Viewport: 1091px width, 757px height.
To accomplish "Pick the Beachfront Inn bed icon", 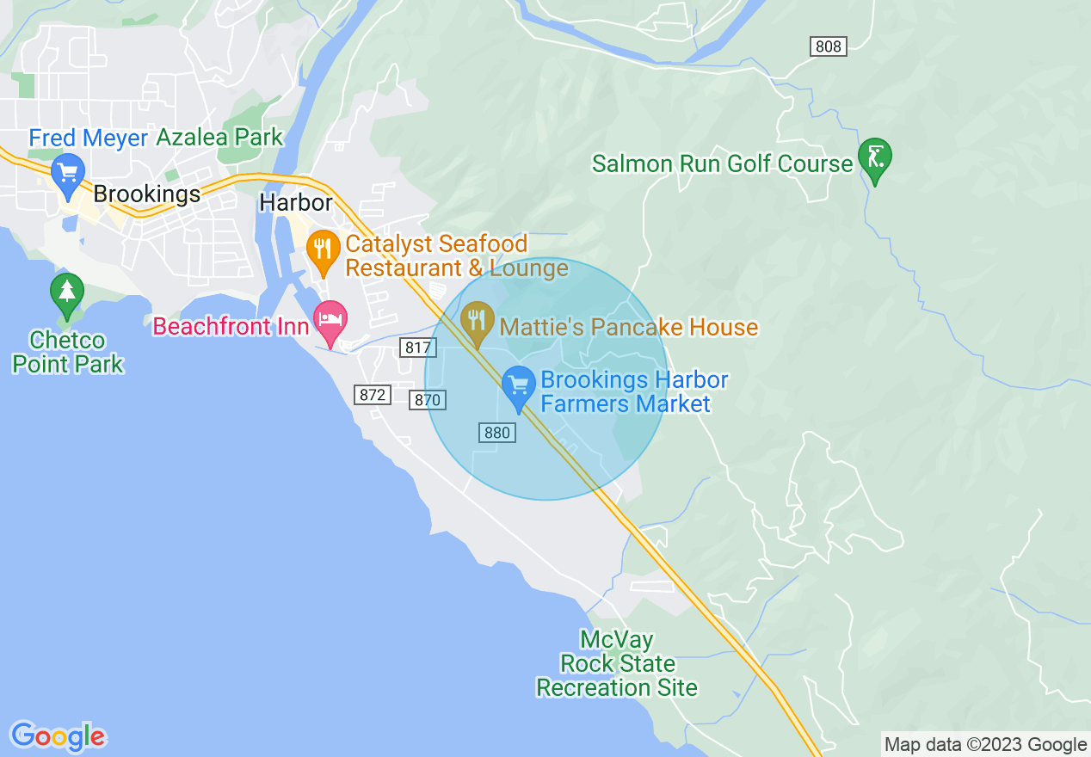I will (330, 320).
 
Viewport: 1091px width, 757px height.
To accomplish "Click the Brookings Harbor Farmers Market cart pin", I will (518, 386).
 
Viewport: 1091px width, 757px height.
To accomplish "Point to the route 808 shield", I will (828, 46).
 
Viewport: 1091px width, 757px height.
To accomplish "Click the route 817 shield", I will (418, 348).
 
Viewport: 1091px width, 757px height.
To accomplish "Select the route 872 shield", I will (373, 395).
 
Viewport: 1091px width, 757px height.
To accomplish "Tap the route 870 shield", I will (427, 399).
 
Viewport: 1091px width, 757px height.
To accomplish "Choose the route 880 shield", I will (496, 433).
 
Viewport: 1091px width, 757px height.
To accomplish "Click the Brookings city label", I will (146, 194).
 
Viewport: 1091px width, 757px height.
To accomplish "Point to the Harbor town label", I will (296, 203).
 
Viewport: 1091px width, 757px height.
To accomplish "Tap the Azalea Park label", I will (219, 138).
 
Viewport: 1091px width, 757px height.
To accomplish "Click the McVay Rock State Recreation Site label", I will (616, 664).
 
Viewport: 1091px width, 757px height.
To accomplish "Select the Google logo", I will (58, 736).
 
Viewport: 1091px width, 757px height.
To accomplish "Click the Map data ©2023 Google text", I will (986, 745).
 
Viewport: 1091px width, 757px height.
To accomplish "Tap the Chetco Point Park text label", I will (67, 352).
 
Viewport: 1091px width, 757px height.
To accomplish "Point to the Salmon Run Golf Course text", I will (722, 163).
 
